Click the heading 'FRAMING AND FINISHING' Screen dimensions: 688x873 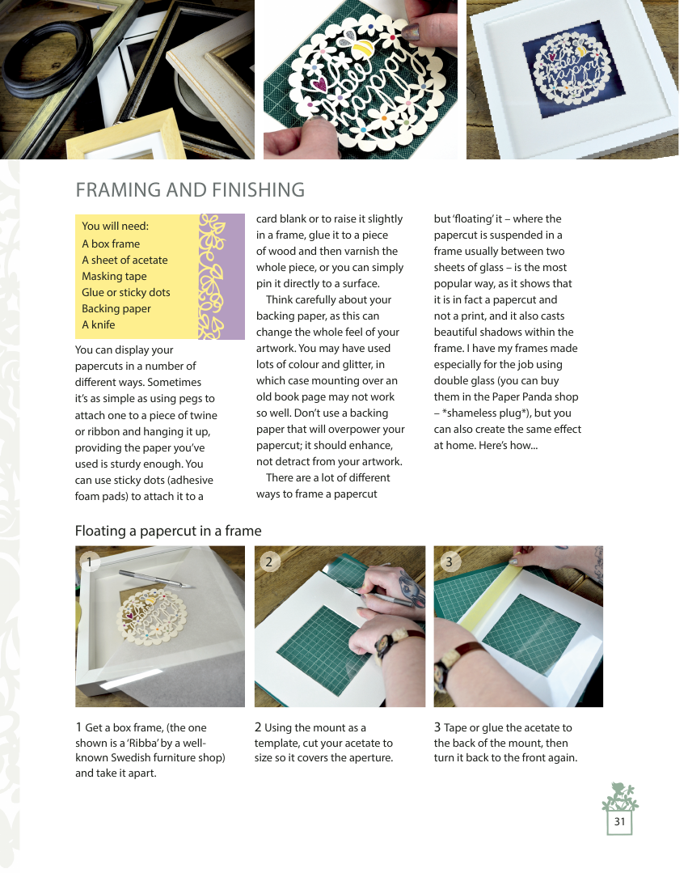tap(190, 190)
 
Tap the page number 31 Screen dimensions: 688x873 tap(619, 822)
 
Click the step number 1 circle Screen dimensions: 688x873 tap(90, 562)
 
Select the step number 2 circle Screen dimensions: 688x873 tap(269, 562)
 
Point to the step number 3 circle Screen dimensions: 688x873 tap(450, 562)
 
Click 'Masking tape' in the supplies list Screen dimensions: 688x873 tap(114, 276)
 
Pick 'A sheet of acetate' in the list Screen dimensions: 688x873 tap(125, 260)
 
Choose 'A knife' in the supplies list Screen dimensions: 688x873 tap(99, 324)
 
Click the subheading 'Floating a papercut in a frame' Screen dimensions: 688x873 tap(168, 531)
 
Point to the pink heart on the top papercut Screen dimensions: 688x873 tap(319, 83)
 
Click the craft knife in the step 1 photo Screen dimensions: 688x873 tap(157, 578)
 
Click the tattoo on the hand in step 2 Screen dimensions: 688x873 tap(412, 590)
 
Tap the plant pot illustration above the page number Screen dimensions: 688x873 tap(620, 797)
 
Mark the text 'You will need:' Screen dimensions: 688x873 tap(115, 226)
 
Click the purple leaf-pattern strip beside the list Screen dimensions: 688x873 tap(222, 277)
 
